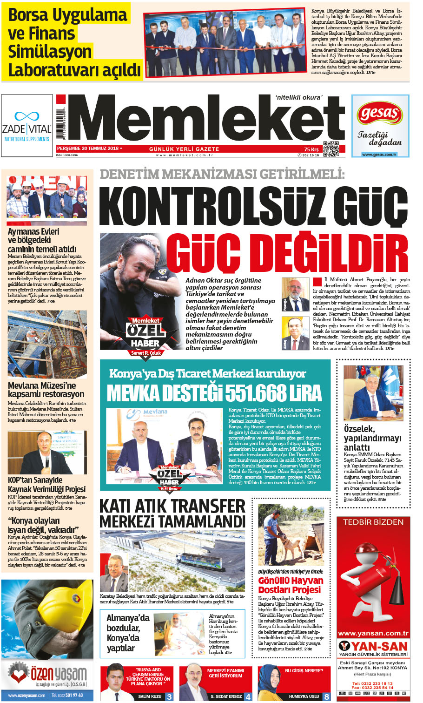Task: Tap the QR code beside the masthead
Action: tap(330, 149)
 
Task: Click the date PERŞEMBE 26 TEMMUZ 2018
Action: tap(87, 149)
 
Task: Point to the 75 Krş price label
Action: tap(311, 149)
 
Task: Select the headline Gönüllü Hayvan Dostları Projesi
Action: tap(291, 585)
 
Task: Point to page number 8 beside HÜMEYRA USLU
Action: tap(327, 696)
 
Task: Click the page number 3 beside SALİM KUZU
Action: tap(169, 696)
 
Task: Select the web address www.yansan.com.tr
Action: tap(373, 633)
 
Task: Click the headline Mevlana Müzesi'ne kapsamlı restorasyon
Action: tap(46, 390)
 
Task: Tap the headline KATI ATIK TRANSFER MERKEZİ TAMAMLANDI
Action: tap(172, 514)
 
